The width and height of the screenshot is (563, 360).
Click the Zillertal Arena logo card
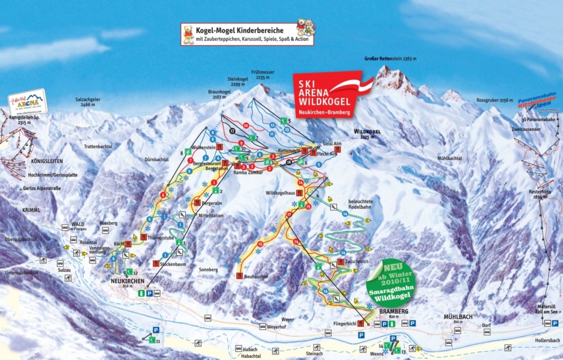pyautogui.click(x=27, y=102)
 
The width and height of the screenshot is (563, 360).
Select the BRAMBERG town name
pyautogui.click(x=394, y=311)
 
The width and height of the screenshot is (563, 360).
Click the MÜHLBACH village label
pyautogui.click(x=459, y=317)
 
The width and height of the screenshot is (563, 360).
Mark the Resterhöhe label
pyautogui.click(x=539, y=193)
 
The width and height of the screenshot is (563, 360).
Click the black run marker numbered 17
pyautogui.click(x=233, y=131)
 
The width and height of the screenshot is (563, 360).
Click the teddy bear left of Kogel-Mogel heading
pyautogui.click(x=189, y=34)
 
